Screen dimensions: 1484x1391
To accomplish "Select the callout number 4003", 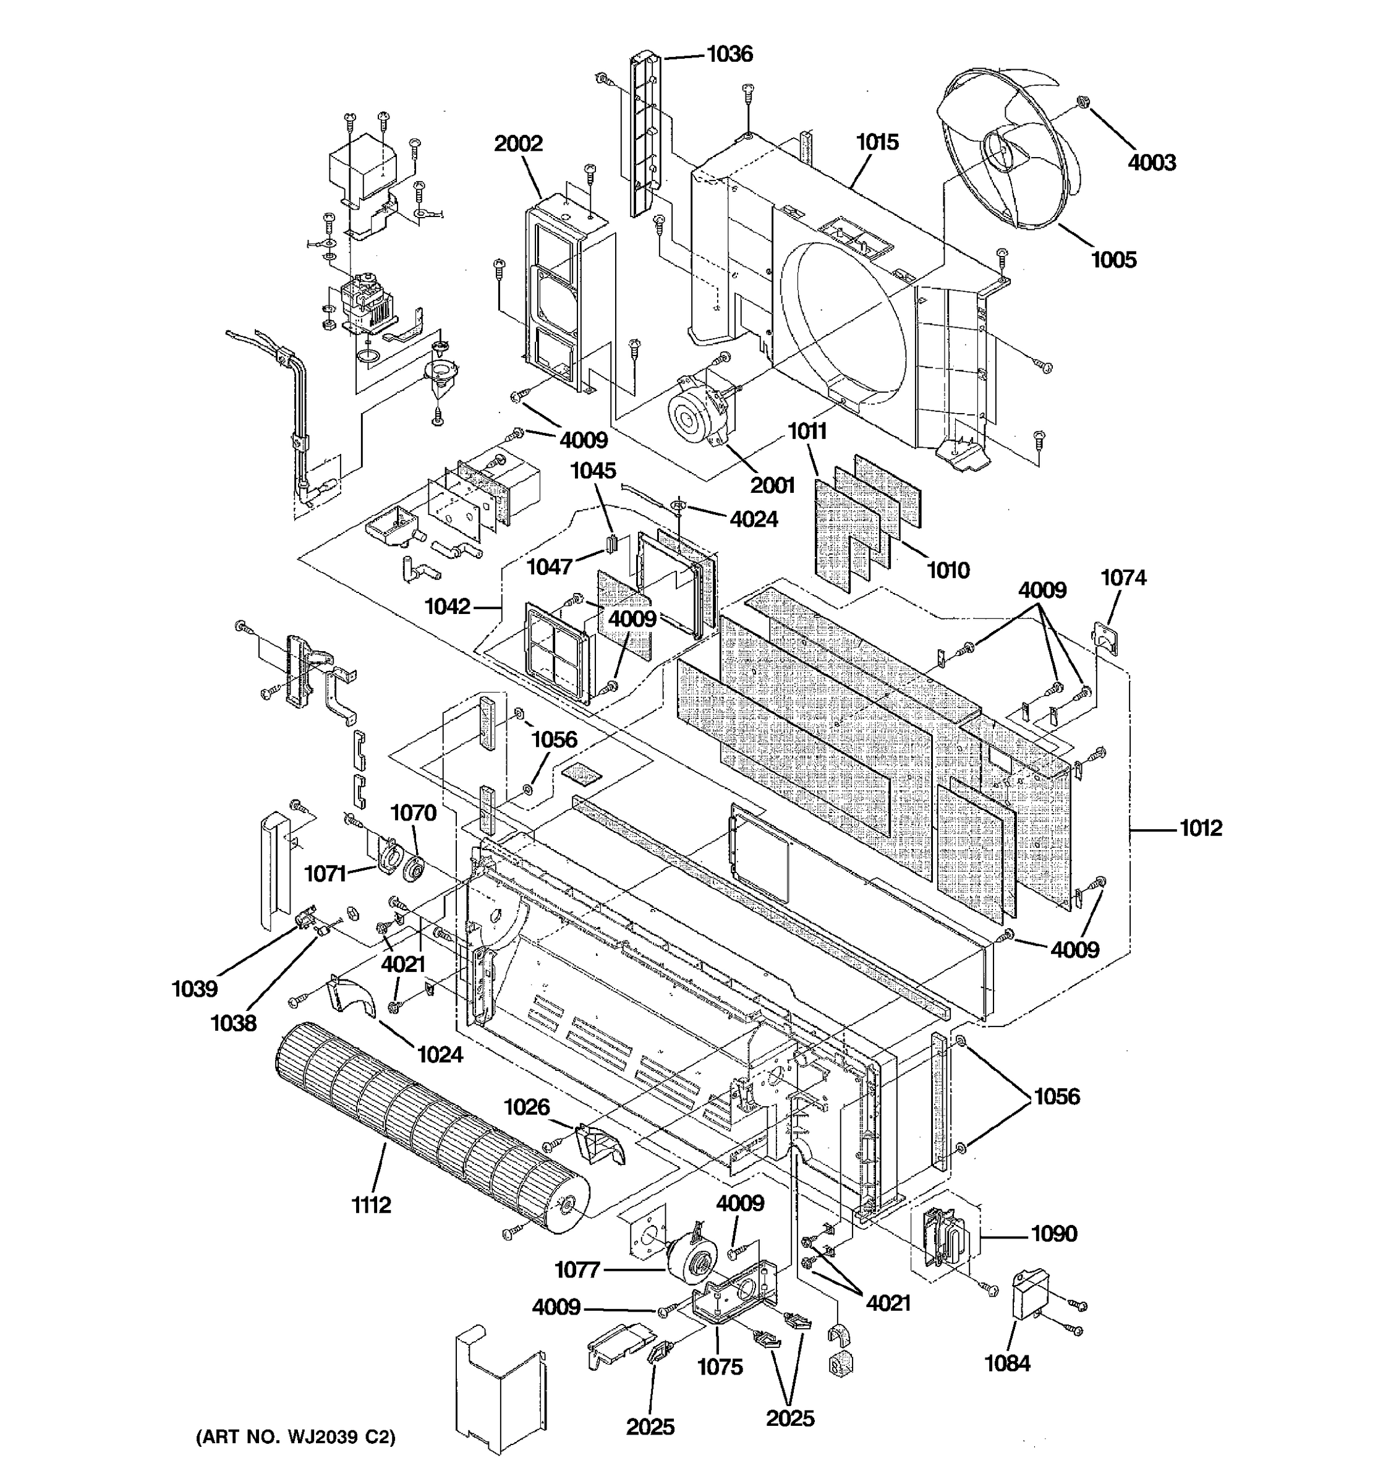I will click(1152, 163).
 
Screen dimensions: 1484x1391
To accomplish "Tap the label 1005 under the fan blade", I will click(1113, 260).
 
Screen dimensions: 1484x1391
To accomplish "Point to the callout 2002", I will click(518, 143).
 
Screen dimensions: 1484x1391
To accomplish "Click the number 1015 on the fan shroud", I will click(877, 142).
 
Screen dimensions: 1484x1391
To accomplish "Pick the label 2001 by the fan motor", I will click(772, 486).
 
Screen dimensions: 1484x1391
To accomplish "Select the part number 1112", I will click(371, 1205).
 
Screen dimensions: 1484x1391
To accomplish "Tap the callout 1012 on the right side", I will click(1201, 828).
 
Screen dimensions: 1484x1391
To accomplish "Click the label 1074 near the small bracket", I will click(1123, 578).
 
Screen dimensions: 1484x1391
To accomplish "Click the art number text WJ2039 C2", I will click(296, 1437).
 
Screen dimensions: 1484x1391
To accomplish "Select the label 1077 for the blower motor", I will click(577, 1270).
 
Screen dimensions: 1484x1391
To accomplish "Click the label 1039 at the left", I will click(195, 989).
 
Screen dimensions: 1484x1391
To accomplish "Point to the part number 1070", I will click(413, 813).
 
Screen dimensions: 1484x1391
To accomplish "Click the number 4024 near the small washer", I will click(754, 519).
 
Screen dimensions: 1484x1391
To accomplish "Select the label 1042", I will click(448, 607).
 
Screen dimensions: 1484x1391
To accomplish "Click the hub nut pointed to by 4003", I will click(1081, 102).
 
